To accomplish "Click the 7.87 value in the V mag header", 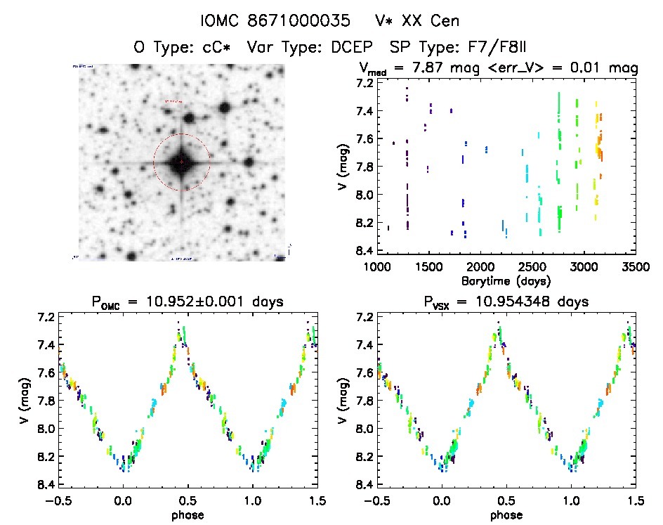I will tap(421, 68).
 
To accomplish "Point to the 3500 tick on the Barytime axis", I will tap(636, 267).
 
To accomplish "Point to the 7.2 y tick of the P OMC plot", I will tap(47, 317).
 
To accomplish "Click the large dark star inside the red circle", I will tap(181, 162).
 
